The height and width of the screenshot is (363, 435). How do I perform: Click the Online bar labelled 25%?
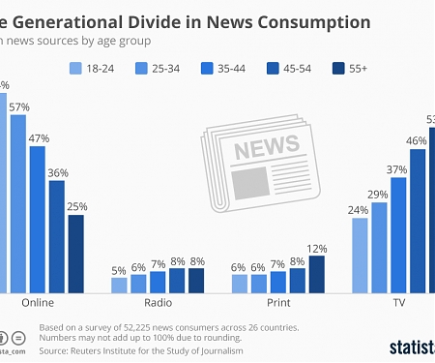click(x=75, y=253)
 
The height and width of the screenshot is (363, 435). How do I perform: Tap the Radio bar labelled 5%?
click(x=120, y=285)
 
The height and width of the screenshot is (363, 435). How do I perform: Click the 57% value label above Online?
click(x=17, y=107)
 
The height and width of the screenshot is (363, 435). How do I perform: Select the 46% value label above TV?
click(x=417, y=140)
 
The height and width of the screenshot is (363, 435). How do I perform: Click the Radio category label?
click(x=158, y=303)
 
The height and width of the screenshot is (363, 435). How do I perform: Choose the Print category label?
click(x=278, y=303)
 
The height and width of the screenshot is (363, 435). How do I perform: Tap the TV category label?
click(x=397, y=303)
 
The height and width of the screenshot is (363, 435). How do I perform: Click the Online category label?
click(x=38, y=303)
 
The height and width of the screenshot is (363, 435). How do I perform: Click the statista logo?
click(x=411, y=346)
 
